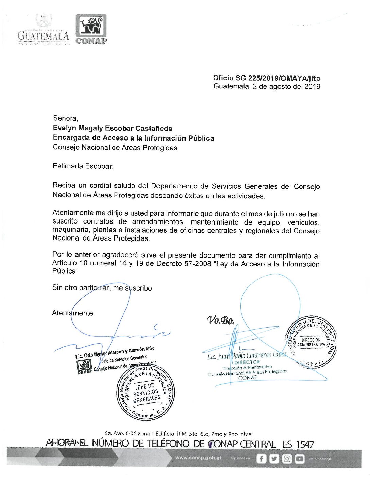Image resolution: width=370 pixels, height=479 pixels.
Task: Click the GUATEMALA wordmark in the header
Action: (x=43, y=35)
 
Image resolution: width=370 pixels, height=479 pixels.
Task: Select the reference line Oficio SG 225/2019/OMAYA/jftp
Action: (x=266, y=78)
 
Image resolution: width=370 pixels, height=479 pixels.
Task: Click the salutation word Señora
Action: (x=65, y=118)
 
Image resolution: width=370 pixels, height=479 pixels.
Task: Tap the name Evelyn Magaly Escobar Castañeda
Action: (x=112, y=128)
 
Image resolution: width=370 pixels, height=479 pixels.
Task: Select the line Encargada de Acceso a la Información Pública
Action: (x=133, y=138)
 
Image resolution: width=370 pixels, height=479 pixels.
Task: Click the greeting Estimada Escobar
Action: (x=83, y=166)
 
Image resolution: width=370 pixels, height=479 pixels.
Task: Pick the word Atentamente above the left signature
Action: (x=72, y=313)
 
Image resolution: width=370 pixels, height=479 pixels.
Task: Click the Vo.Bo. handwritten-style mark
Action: (x=221, y=320)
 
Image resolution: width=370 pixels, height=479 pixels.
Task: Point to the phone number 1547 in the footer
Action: (x=305, y=444)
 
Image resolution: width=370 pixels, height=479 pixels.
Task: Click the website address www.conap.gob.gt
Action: (x=198, y=458)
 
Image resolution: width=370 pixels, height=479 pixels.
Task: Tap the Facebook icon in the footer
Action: (x=261, y=459)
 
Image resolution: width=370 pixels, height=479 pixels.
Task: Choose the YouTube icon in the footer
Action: (x=300, y=459)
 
